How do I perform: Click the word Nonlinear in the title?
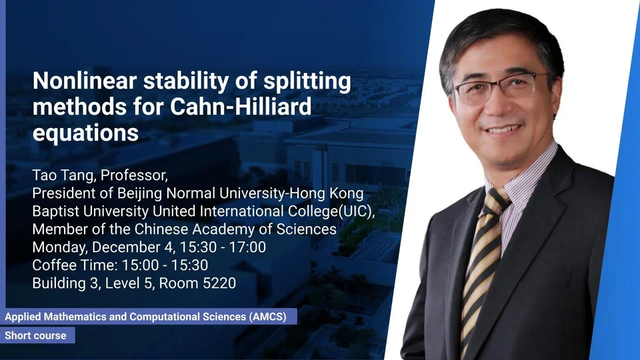[x=85, y=81]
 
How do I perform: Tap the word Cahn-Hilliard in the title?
[x=241, y=107]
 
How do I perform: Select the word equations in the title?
[x=85, y=133]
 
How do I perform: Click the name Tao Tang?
[x=64, y=175]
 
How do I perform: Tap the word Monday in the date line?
[x=60, y=247]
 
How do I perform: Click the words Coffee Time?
[x=75, y=265]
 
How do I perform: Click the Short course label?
[x=35, y=335]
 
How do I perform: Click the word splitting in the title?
[x=307, y=81]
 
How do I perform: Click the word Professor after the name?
[x=134, y=175]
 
